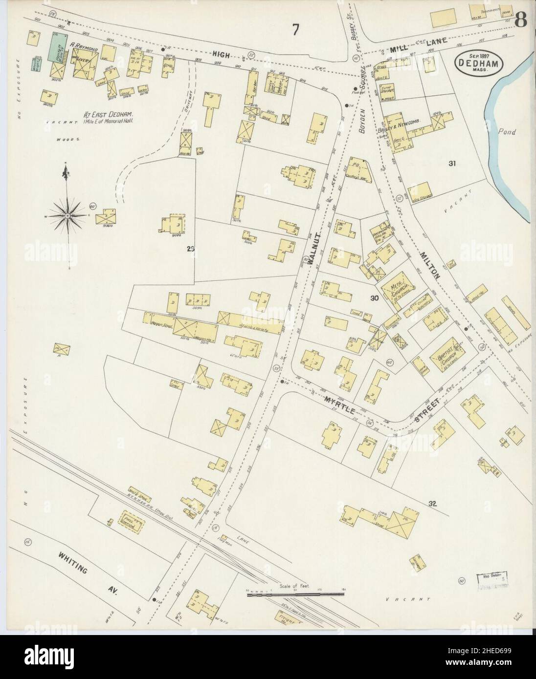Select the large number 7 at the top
(x=296, y=30)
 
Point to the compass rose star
(x=66, y=213)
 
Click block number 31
(x=451, y=164)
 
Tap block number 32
(x=431, y=504)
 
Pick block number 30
(x=375, y=298)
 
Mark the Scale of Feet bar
(x=295, y=594)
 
